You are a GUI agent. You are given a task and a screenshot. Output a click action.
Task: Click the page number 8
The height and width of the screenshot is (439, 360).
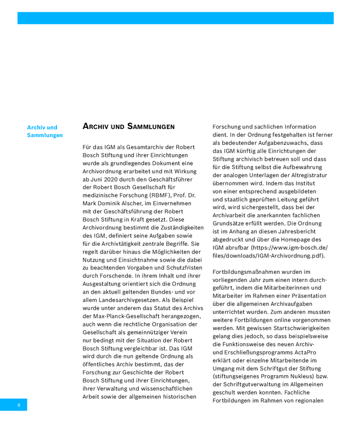(x=19, y=405)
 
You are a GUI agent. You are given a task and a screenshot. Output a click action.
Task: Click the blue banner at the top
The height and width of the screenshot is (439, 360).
(x=175, y=18)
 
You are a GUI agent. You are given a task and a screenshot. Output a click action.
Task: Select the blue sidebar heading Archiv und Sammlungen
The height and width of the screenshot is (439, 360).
(x=45, y=131)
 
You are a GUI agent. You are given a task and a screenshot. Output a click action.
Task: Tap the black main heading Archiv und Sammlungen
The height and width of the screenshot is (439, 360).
(x=128, y=127)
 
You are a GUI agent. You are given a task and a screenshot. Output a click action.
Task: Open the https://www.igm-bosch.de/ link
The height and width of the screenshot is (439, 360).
(x=290, y=247)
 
